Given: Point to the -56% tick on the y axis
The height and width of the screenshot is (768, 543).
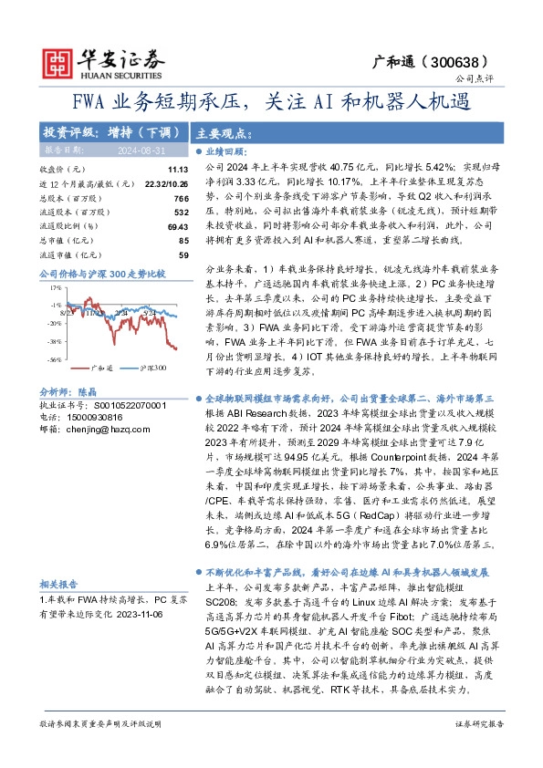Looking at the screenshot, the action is point(55,359).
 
